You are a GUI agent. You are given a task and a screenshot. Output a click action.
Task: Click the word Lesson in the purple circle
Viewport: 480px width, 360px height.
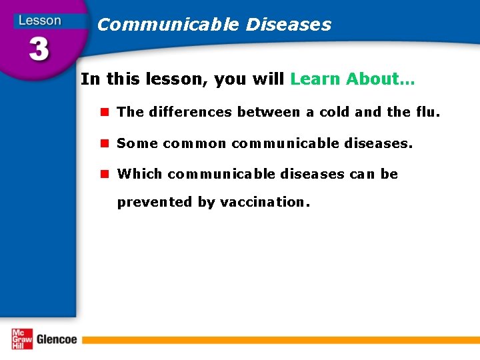point(39,20)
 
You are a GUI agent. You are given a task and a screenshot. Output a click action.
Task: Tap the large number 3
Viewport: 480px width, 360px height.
point(38,49)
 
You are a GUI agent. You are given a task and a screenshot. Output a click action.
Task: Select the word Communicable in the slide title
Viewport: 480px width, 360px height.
point(167,25)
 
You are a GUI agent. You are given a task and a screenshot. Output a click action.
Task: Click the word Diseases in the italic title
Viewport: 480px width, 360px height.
point(288,25)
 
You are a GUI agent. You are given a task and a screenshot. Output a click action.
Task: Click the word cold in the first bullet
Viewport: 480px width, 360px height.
point(335,112)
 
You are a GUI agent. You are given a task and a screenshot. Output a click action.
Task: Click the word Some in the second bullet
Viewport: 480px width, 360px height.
point(137,143)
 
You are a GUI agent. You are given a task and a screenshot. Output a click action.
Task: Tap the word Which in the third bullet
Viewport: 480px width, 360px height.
point(139,174)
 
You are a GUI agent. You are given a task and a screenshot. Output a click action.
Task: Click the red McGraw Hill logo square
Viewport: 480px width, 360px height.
point(21,339)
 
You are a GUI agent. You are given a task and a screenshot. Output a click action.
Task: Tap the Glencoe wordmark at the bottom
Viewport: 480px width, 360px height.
point(57,339)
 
